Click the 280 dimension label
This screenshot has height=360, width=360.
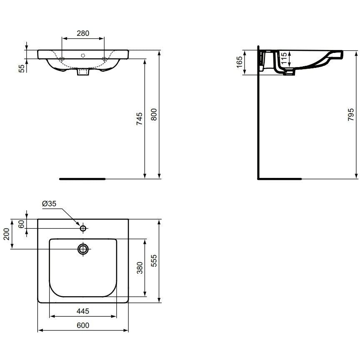point(83,33)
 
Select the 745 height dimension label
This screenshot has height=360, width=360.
point(140,119)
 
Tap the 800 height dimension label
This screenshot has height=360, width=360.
point(154,114)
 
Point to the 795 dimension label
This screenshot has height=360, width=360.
point(351,115)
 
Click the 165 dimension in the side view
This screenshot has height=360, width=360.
point(239,62)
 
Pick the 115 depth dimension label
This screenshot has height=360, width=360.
point(284,58)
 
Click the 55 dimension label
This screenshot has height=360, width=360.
point(21,69)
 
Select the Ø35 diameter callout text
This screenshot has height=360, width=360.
point(49,204)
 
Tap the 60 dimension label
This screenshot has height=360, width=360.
point(21,224)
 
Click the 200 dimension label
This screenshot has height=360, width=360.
point(7,234)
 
